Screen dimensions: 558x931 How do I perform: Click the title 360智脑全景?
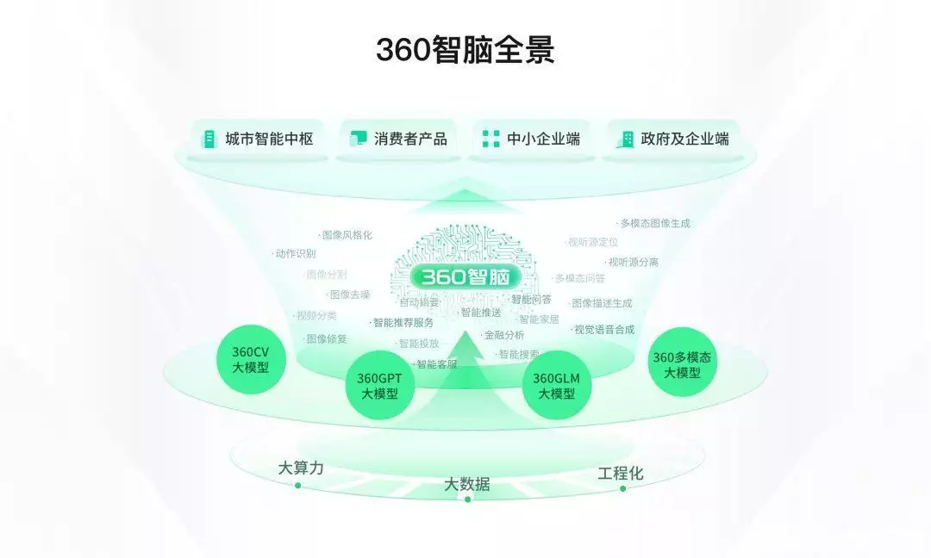tap(465, 50)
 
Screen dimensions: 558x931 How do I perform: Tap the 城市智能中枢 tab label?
tap(269, 139)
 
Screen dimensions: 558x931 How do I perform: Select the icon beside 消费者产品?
tap(358, 139)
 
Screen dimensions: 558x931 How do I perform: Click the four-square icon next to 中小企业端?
tap(490, 139)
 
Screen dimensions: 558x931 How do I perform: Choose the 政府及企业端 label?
tap(684, 139)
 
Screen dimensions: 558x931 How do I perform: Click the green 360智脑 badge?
tap(465, 277)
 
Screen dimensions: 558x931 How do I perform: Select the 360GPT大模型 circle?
tap(379, 385)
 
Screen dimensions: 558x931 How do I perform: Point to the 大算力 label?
tap(301, 468)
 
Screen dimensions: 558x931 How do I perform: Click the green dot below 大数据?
tap(467, 499)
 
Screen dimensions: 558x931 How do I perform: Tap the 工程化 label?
tap(621, 474)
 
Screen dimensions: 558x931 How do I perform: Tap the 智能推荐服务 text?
tap(403, 323)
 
